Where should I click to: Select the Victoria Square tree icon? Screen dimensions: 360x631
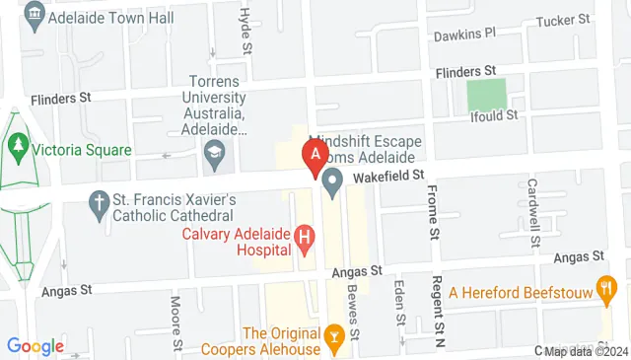point(18,151)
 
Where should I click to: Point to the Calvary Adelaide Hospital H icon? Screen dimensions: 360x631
point(304,237)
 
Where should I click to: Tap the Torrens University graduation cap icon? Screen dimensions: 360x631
point(213,151)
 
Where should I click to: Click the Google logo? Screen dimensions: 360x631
point(35,345)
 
